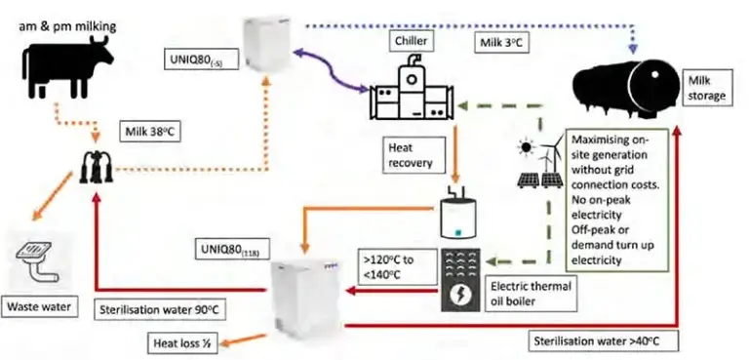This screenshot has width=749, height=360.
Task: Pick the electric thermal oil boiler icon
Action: tap(459, 277)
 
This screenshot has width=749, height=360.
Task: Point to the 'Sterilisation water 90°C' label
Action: tap(158, 309)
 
